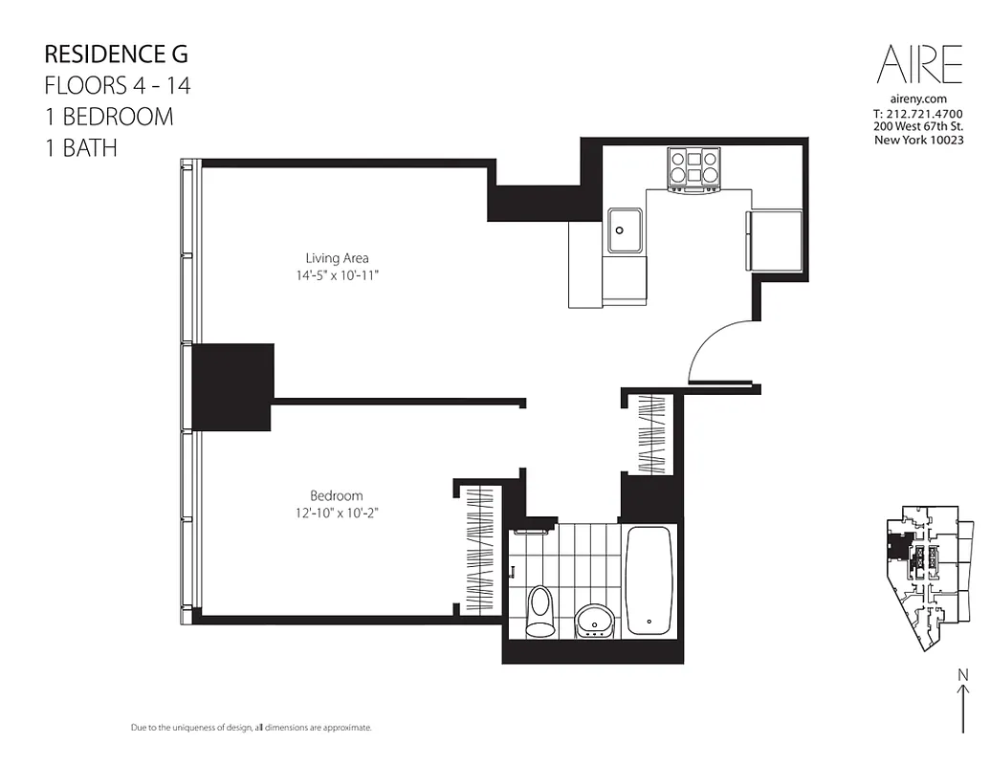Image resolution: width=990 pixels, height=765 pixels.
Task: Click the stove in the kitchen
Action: pyautogui.click(x=695, y=168)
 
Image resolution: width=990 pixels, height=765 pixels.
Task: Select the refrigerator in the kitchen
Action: pyautogui.click(x=774, y=240)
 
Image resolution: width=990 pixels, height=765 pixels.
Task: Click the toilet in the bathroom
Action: pyautogui.click(x=540, y=610)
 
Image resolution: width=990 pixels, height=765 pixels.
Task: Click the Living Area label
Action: pyautogui.click(x=337, y=258)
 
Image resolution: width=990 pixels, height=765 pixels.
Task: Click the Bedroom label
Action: pyautogui.click(x=337, y=495)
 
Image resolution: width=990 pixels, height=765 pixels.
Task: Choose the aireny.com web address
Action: pyautogui.click(x=918, y=98)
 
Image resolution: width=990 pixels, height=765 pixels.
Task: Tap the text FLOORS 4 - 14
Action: pyautogui.click(x=118, y=85)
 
